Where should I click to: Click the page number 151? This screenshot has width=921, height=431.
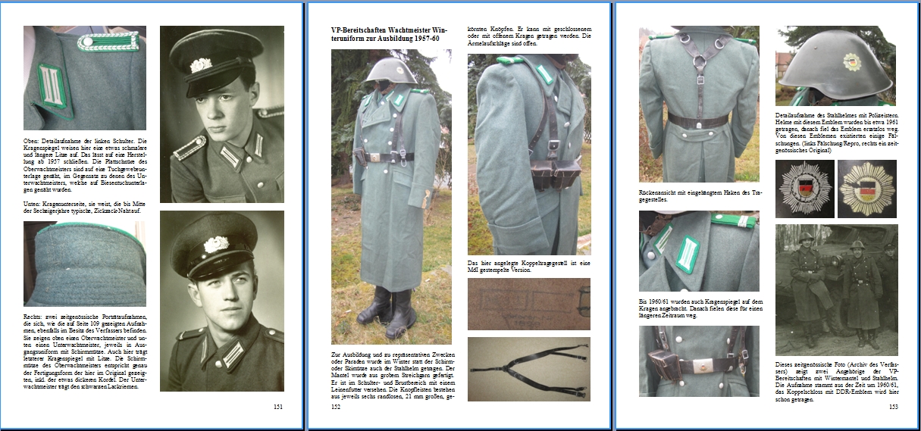click(278, 407)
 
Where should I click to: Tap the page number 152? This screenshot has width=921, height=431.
click(336, 407)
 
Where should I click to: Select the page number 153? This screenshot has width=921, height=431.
click(893, 407)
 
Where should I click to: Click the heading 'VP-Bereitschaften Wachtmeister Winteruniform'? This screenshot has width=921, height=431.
click(385, 34)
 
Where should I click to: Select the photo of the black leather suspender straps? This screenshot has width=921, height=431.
click(528, 368)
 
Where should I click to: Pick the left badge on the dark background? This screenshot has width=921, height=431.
click(804, 188)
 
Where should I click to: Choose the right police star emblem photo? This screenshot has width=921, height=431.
click(867, 188)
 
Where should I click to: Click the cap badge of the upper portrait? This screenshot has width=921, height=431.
click(201, 64)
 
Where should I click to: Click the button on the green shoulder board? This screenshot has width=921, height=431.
click(87, 42)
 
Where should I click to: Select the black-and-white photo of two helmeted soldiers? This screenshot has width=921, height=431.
click(836, 289)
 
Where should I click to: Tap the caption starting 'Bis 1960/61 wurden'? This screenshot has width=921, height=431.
click(698, 308)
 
